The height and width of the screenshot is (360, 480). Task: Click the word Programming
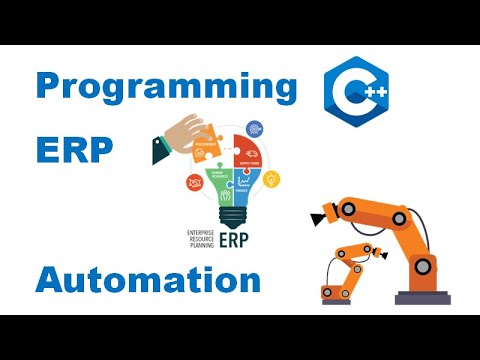[x=166, y=87]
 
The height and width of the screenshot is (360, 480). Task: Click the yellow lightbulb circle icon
[x=271, y=179]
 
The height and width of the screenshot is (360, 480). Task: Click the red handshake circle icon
[x=195, y=182]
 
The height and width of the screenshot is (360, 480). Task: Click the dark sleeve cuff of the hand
[x=160, y=150]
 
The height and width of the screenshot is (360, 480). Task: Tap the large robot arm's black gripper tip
[x=322, y=213]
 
